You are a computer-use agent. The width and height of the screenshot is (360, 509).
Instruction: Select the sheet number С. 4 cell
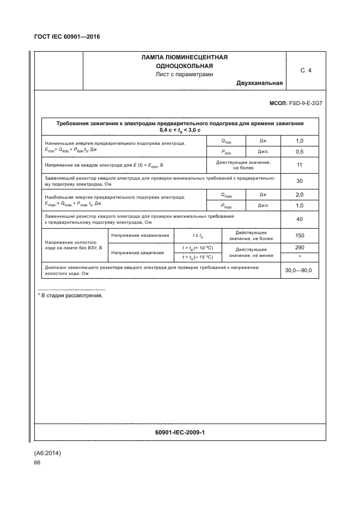point(306,70)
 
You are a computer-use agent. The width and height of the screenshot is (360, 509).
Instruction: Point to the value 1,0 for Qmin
point(299,140)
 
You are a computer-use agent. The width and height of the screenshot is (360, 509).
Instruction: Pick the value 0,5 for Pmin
point(299,151)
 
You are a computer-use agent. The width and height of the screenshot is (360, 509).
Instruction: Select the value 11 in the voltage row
point(299,165)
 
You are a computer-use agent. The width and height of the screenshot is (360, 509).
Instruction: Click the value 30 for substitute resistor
point(299,181)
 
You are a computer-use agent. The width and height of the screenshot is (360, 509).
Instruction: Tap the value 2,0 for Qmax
point(299,194)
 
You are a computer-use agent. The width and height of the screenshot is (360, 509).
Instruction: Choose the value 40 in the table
point(299,220)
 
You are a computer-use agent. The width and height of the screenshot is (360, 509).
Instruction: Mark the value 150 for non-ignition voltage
point(299,236)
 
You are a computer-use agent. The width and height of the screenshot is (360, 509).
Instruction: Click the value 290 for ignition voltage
point(299,247)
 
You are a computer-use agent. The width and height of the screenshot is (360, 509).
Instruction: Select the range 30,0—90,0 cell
point(299,271)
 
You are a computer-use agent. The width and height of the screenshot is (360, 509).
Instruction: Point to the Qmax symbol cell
point(226,195)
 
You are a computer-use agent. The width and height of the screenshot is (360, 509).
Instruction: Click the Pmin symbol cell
point(226,152)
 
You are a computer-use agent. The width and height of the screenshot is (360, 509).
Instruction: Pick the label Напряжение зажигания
point(137,253)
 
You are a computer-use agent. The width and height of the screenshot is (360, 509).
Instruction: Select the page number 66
point(37,462)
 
